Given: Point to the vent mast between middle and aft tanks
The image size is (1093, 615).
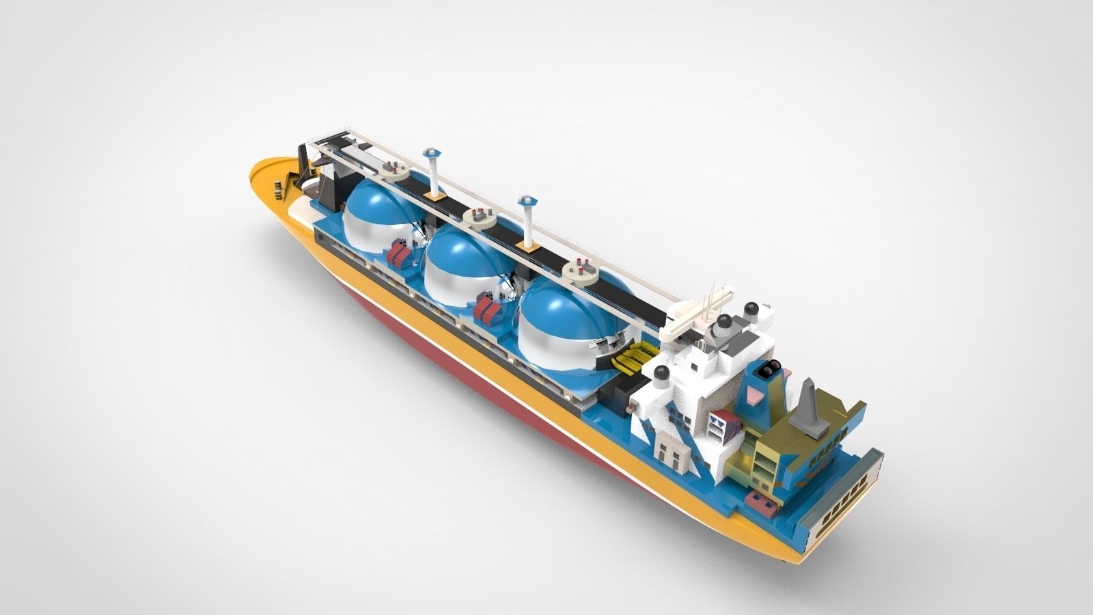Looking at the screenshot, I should pyautogui.click(x=528, y=219).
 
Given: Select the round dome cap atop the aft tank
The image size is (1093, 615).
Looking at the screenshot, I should pyautogui.click(x=581, y=271).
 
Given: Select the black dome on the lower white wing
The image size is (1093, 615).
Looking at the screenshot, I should pyautogui.click(x=661, y=373).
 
